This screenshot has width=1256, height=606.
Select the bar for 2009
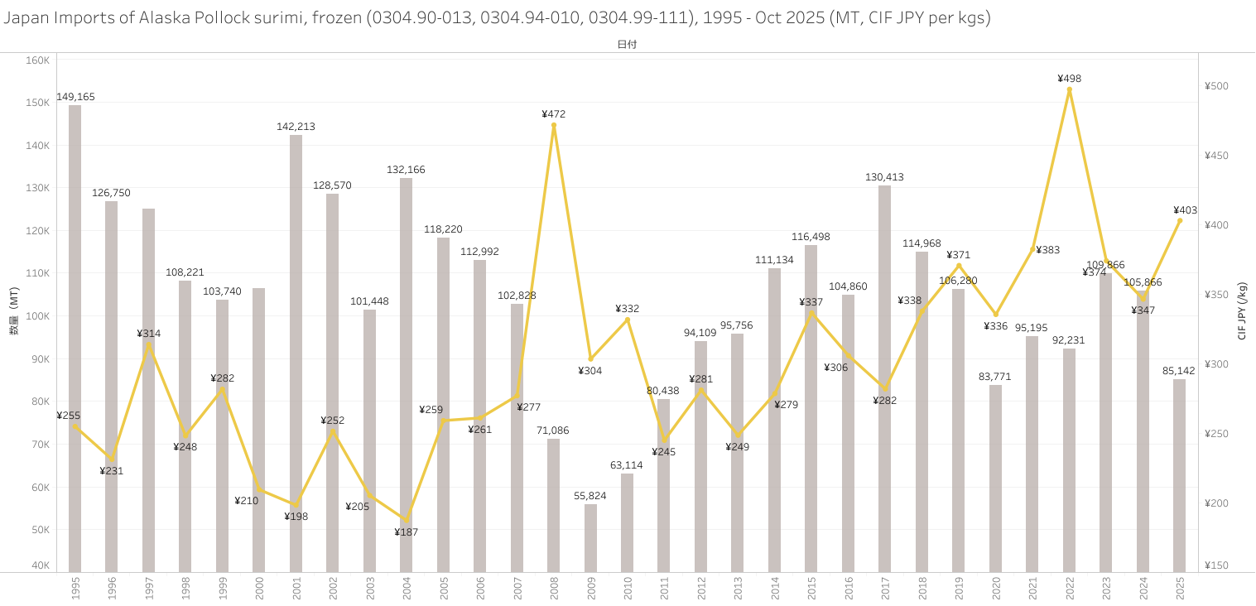[x=590, y=538]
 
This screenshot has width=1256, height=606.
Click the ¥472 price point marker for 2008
[x=554, y=125]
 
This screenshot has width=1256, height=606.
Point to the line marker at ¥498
[x=1069, y=89]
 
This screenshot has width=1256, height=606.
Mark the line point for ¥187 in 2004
[x=407, y=521]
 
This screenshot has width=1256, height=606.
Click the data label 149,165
[x=75, y=97]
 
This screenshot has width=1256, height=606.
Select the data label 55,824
[x=590, y=496]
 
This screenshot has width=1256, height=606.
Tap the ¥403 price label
[x=1185, y=210]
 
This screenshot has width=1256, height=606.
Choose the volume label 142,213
[x=296, y=127]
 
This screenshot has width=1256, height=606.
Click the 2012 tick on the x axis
[x=701, y=589]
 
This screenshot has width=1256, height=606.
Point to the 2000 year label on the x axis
[x=259, y=589]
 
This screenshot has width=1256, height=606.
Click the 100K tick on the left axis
[x=38, y=316]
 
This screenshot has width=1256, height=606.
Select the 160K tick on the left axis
[x=38, y=60]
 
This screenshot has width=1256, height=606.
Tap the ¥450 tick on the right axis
[x=1216, y=156]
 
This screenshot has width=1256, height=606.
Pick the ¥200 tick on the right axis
[x=1216, y=503]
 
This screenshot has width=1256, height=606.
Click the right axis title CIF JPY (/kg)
[x=1242, y=310]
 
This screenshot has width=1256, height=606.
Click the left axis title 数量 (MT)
[x=14, y=317]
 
